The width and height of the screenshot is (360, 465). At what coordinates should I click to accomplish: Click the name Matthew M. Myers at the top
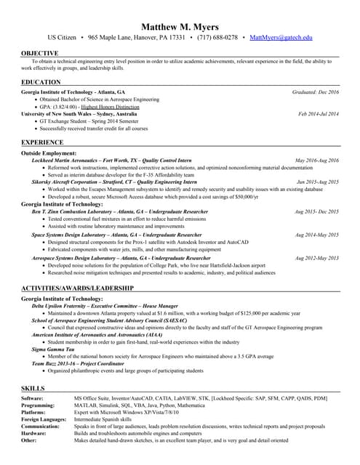[180, 27]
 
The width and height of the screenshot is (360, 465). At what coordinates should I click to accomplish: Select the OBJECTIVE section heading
[40, 53]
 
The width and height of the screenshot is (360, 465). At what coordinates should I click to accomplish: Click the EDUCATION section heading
[41, 82]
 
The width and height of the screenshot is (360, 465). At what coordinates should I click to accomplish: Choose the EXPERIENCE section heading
[43, 142]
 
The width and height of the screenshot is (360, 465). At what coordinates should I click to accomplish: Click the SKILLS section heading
[33, 389]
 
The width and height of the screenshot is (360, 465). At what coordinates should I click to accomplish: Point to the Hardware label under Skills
[34, 433]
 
